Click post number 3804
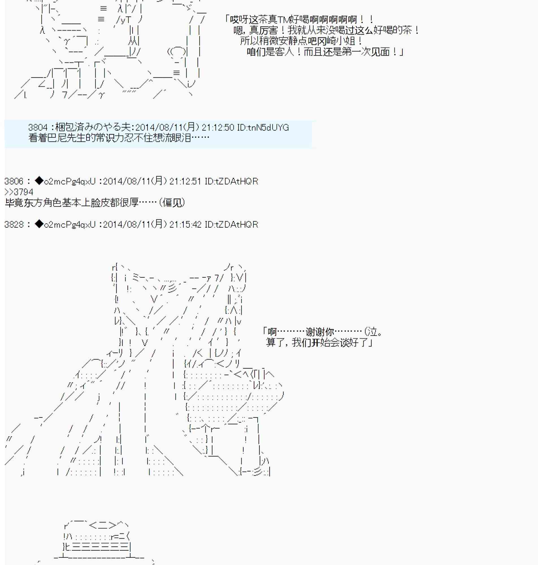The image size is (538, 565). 38,127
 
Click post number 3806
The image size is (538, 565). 14,181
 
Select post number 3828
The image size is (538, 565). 14,224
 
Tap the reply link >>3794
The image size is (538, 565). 19,192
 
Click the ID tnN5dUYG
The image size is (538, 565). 263,127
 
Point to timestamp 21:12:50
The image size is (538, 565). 218,127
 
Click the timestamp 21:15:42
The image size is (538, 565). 186,224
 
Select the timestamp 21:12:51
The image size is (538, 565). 186,181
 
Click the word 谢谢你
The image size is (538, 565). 320,332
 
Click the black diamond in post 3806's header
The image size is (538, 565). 39,181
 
